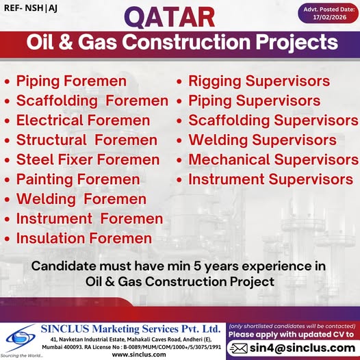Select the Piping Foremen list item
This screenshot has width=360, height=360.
point(72,81)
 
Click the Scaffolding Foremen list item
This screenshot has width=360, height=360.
point(92,101)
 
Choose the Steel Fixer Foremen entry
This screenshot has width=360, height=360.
point(88,160)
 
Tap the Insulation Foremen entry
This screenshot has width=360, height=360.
point(84,239)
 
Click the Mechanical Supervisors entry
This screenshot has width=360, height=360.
point(274,160)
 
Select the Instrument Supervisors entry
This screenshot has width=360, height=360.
point(270,180)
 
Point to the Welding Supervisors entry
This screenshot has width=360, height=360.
point(262,140)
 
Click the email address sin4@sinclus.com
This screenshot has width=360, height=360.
point(301,348)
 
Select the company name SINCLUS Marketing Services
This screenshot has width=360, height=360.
point(133,329)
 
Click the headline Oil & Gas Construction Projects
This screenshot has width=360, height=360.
point(180,42)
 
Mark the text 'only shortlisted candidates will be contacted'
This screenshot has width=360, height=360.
point(293,325)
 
